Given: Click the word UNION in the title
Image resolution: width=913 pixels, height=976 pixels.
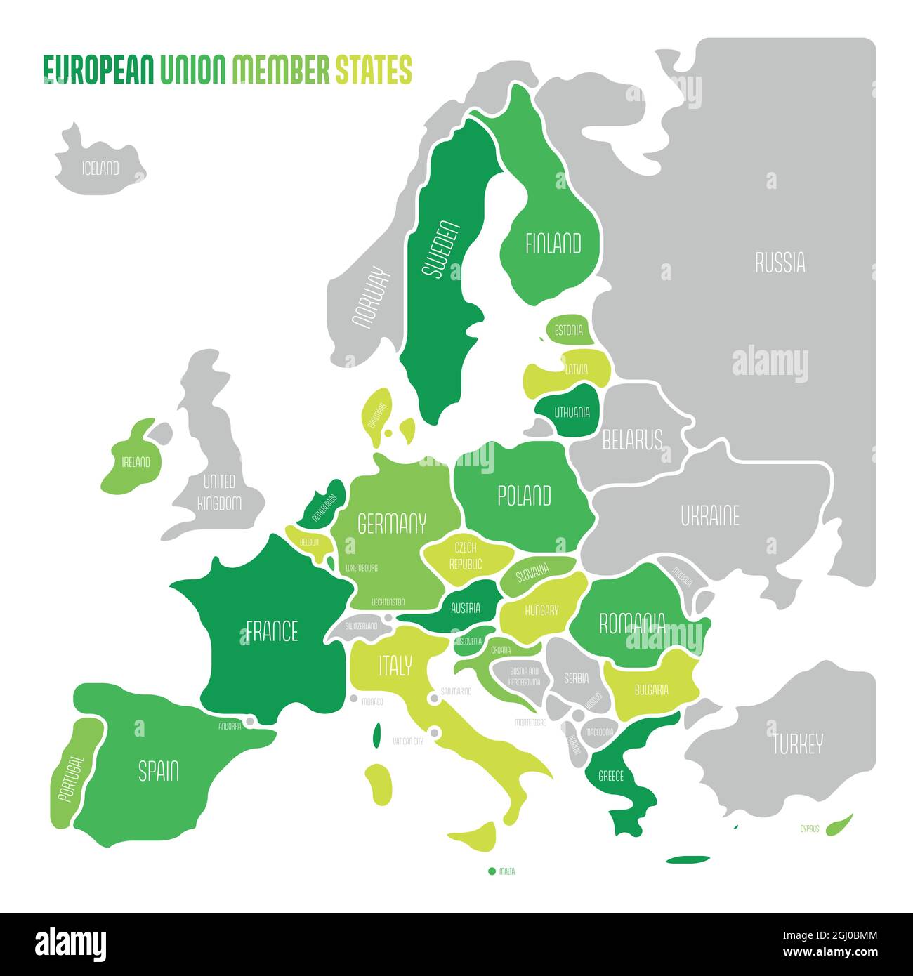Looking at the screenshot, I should point(193,70).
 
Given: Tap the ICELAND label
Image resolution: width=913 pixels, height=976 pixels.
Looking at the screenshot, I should point(100,169).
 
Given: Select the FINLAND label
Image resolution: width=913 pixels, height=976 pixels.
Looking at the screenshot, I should point(553,244).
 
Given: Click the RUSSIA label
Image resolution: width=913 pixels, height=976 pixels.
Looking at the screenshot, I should point(780,263).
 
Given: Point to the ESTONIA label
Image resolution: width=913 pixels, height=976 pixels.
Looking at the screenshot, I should point(568,330).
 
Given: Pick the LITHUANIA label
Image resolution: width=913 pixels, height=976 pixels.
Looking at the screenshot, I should point(572,413).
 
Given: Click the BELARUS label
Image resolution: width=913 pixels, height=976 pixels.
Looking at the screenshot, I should point(632,440).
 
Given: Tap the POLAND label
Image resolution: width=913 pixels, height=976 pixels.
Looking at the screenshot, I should point(524,496).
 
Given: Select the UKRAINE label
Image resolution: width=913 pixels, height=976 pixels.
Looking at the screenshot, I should point(710,516).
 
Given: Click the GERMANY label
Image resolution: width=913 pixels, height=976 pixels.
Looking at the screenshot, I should point(392,523).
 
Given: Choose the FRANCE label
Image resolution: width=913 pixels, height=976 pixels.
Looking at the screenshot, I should point(272,631).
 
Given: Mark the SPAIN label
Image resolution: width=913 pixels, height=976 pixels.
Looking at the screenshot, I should point(159,771).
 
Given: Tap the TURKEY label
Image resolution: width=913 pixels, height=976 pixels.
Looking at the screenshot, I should point(798,744).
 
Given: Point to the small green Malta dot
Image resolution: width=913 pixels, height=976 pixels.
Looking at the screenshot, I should point(492,871).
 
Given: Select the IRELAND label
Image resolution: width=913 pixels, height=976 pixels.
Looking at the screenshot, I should point(136,462).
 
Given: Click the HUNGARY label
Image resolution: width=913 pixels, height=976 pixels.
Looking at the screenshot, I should point(541,610).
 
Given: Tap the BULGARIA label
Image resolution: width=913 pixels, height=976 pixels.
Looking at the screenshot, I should point(651,690).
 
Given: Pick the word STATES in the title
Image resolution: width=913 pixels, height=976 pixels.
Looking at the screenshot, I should point(373,70).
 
